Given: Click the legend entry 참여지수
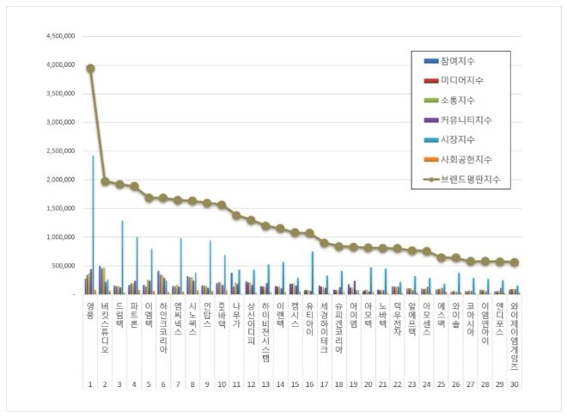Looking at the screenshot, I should pos(460,62).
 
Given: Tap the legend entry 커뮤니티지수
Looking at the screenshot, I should pos(464,120).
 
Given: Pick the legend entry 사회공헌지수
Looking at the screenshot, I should pos(464,158).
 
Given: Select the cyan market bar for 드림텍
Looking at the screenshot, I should pos(122,258).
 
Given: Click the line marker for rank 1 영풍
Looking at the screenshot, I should pos(90,69).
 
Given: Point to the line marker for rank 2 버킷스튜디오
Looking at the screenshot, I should pos(105,181).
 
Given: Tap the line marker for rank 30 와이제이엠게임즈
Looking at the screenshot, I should pos(514,262).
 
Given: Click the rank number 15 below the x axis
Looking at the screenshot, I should pos(295,386).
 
